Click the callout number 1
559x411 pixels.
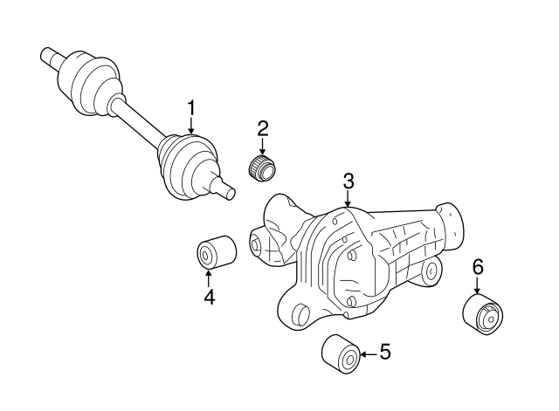190,108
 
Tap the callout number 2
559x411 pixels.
262,129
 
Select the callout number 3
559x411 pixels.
348,182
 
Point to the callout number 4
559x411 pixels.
209,297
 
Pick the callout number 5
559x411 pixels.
384,353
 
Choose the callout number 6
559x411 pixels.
478,266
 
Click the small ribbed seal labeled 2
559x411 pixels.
261,166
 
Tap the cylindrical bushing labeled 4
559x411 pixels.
214,252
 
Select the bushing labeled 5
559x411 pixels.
340,353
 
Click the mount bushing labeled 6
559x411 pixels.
483,316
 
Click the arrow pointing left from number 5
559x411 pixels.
368,353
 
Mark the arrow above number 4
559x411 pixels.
209,277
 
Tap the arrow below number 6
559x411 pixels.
478,286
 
